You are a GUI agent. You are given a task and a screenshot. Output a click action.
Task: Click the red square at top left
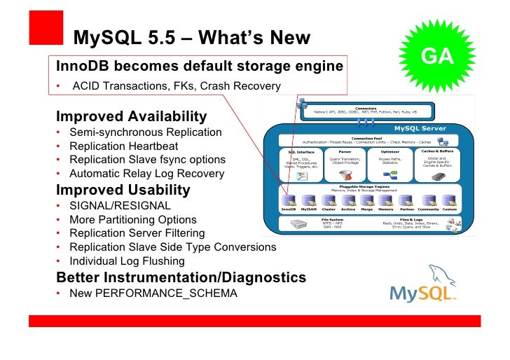pyautogui.click(x=46, y=27)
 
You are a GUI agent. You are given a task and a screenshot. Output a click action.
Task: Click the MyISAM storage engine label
pyautogui.click(x=308, y=209)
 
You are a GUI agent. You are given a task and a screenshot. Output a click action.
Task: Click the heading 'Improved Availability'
pyautogui.click(x=132, y=116)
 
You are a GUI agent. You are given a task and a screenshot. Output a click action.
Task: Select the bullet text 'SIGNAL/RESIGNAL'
pyautogui.click(x=120, y=206)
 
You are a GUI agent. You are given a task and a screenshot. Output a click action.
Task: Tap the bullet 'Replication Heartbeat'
pyautogui.click(x=123, y=146)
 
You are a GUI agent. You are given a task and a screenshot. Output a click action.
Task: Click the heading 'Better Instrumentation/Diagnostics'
pyautogui.click(x=181, y=277)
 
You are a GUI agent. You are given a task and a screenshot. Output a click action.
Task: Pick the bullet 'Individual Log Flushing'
pyautogui.click(x=127, y=261)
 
